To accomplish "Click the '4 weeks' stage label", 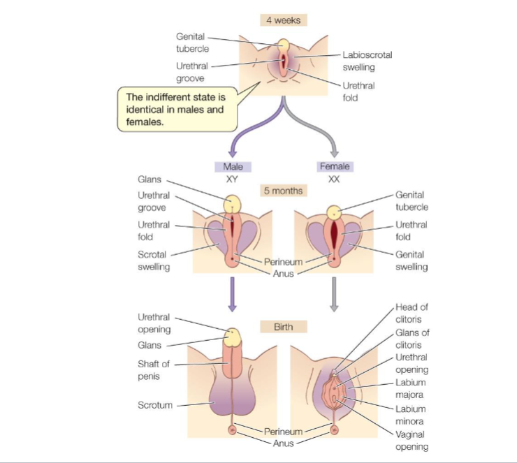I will (x=283, y=20).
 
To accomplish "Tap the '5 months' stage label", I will (x=282, y=190).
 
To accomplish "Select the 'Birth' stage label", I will (x=283, y=327).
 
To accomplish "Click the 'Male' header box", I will (x=233, y=167).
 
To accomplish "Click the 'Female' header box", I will (x=334, y=167).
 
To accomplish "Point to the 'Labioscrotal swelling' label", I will (x=358, y=61).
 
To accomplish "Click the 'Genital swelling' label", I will (x=412, y=261).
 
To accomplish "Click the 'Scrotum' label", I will (x=154, y=405).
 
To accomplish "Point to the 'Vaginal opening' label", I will (x=412, y=441).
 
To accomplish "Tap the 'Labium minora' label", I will (x=411, y=415).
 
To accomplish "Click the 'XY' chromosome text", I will (x=233, y=179).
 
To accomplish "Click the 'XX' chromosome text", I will (x=334, y=179).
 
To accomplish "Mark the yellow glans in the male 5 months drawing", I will (x=233, y=203).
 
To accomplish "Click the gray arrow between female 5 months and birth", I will (x=334, y=293).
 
